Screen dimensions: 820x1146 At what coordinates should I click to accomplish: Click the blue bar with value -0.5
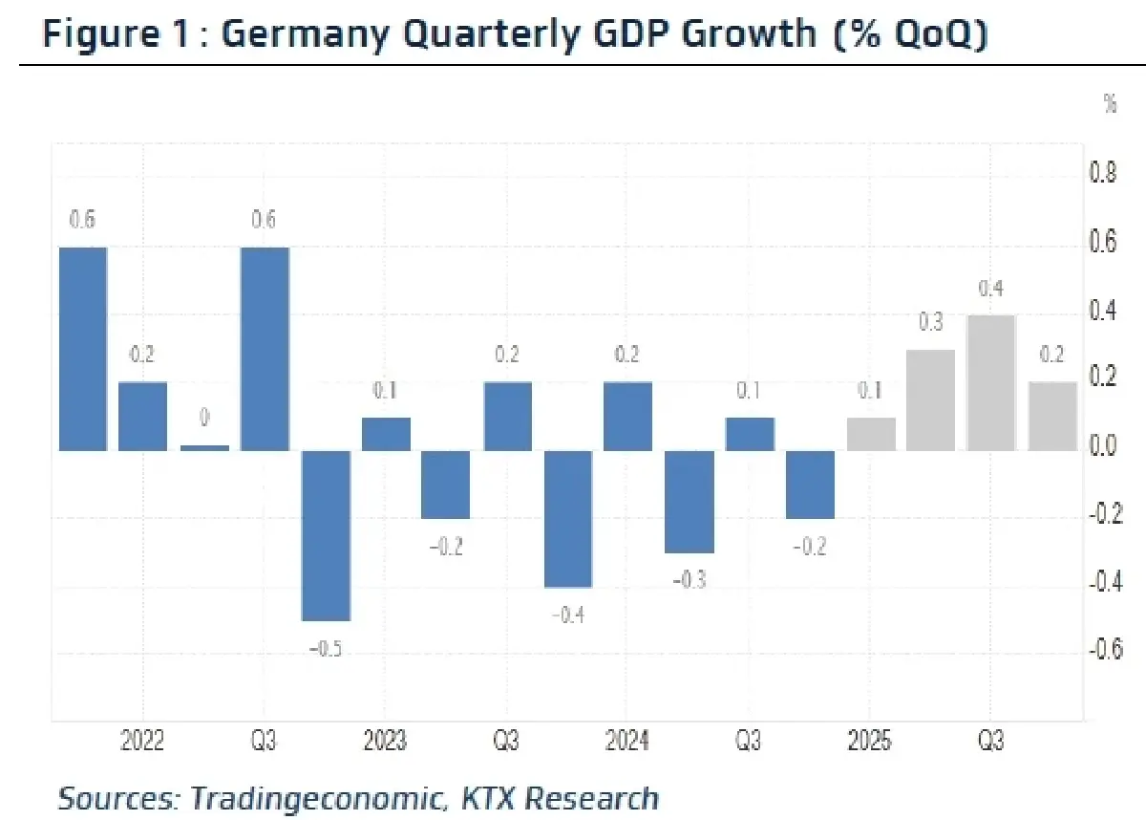tap(326, 535)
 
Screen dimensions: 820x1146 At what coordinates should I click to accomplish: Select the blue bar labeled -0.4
tap(569, 518)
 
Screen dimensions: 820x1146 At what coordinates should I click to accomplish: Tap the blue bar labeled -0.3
tap(690, 501)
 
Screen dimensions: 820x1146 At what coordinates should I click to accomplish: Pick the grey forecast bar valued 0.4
tap(991, 382)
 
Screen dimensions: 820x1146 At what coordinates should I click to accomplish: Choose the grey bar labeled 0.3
tap(930, 399)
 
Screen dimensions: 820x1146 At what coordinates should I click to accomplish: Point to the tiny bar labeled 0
tap(204, 446)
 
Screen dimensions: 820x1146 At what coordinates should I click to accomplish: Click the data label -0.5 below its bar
tap(326, 650)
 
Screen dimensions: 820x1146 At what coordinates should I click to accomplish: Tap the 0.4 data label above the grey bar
tap(991, 288)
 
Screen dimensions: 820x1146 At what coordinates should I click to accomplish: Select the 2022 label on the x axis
tap(142, 742)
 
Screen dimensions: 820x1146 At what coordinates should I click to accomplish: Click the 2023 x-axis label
tap(384, 742)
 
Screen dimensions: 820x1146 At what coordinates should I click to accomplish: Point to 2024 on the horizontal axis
tap(626, 742)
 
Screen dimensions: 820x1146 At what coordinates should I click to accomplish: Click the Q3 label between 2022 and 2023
tap(265, 742)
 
